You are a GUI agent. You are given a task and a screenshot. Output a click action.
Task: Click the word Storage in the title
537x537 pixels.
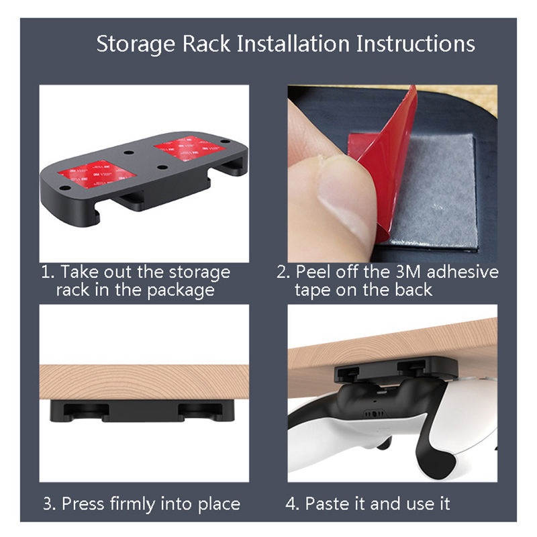(136, 44)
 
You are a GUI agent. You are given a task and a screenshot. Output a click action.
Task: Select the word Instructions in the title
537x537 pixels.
(416, 44)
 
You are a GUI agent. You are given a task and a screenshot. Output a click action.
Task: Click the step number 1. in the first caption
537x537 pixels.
(48, 272)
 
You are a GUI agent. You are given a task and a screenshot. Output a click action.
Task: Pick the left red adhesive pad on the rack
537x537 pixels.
(97, 173)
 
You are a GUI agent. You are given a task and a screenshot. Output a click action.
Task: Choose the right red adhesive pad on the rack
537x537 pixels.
(190, 148)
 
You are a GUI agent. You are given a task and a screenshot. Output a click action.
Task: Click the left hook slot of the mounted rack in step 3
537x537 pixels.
(87, 411)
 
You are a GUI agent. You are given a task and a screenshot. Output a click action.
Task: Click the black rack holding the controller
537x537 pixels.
(396, 369)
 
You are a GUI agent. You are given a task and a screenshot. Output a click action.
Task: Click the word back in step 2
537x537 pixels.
(413, 291)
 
